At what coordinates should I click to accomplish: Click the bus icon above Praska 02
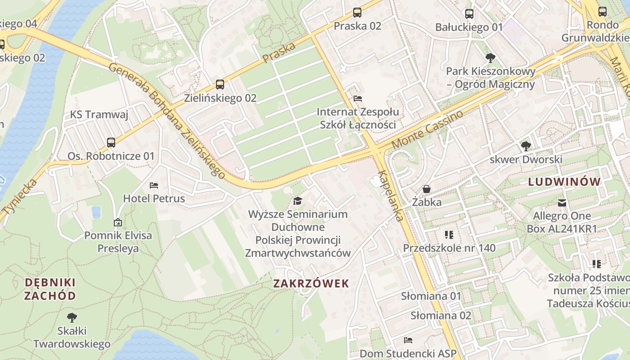coord(357,13)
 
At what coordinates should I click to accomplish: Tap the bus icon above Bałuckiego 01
coord(469,14)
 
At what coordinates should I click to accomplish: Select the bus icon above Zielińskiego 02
coord(220,85)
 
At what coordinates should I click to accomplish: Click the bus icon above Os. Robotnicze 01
coord(111,143)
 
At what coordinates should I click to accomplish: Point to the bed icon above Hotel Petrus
coord(154,185)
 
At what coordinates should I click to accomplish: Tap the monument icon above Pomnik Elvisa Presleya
coord(118,222)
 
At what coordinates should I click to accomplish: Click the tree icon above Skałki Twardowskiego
coord(72,318)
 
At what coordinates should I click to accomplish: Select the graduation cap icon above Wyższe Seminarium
coord(297,201)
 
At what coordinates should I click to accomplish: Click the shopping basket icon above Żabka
coord(427,189)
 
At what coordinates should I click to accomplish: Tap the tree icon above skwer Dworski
coord(526,146)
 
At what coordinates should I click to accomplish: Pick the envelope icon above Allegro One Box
coord(562,203)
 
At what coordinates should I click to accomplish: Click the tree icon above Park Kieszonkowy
coord(490,58)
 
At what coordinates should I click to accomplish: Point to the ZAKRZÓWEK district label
coord(311,283)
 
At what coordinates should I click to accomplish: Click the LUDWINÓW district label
coord(565,182)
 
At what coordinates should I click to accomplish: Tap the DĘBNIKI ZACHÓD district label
coord(50,289)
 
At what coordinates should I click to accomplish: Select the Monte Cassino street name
coord(427,130)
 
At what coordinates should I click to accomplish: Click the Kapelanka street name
coord(390,196)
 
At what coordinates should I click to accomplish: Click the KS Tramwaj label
coord(99,115)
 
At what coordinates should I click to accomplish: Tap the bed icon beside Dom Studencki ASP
coord(408,340)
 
